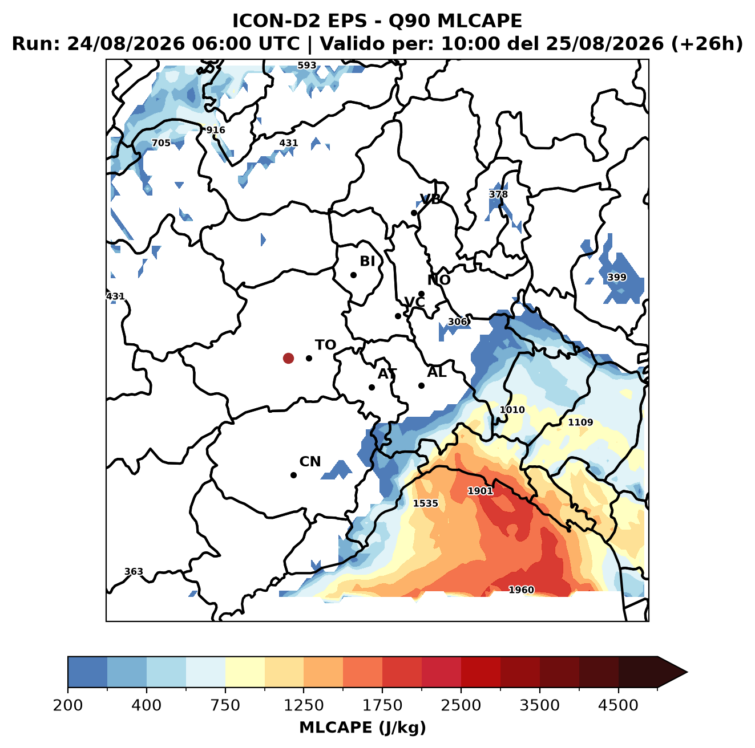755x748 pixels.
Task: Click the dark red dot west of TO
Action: pos(288,358)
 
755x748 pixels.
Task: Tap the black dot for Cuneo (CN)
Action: pos(293,475)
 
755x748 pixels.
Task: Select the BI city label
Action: pos(367,261)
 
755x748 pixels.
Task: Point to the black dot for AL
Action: pos(421,385)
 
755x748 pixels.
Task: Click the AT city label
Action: pos(387,374)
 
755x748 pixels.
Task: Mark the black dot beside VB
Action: pos(414,213)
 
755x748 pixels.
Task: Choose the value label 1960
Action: pos(521,590)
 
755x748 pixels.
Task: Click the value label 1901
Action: pos(481,491)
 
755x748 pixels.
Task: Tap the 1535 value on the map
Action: pos(426,503)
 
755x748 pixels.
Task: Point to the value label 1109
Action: pos(580,422)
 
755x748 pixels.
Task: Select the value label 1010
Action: pos(512,409)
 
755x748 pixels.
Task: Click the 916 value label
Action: pos(216,130)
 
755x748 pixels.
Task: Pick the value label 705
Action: pos(161,143)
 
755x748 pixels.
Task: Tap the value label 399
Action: pos(617,277)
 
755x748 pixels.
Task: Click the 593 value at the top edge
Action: pos(307,66)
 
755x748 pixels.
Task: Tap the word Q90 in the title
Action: pos(409,21)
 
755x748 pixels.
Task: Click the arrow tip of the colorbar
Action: pos(687,672)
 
